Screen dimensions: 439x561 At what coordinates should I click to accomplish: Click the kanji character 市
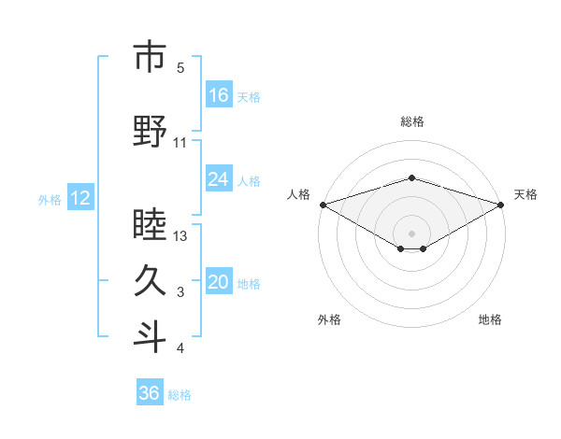pos(150,57)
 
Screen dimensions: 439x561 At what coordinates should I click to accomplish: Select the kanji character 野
pos(150,132)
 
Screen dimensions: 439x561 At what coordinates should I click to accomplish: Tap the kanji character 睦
pos(150,225)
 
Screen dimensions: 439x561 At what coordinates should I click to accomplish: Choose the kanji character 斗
pos(150,337)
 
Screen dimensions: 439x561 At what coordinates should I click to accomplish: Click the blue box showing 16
pos(219,95)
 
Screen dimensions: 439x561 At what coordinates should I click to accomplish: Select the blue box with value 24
pos(219,179)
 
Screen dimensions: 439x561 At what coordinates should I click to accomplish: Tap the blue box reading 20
pos(219,283)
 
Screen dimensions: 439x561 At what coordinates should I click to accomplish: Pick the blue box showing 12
pos(80,198)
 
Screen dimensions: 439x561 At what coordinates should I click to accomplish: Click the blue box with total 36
pos(150,393)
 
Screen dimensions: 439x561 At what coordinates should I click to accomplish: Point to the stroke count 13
pos(180,236)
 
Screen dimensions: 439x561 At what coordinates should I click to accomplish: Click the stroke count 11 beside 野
pos(180,143)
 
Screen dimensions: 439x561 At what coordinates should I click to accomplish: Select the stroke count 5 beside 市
pos(180,68)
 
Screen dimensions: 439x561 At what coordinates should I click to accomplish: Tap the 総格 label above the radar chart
pos(411,121)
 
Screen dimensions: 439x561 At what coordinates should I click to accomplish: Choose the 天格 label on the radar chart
pos(525,194)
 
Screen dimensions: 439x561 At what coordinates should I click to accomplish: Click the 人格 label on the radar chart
pos(298,194)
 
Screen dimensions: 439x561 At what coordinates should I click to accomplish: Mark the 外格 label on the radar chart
pos(329,319)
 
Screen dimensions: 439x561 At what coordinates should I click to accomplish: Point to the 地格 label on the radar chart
pos(490,319)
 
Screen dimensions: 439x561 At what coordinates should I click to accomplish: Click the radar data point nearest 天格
pos(501,204)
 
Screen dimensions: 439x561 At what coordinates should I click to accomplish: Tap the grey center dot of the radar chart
pos(411,232)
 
